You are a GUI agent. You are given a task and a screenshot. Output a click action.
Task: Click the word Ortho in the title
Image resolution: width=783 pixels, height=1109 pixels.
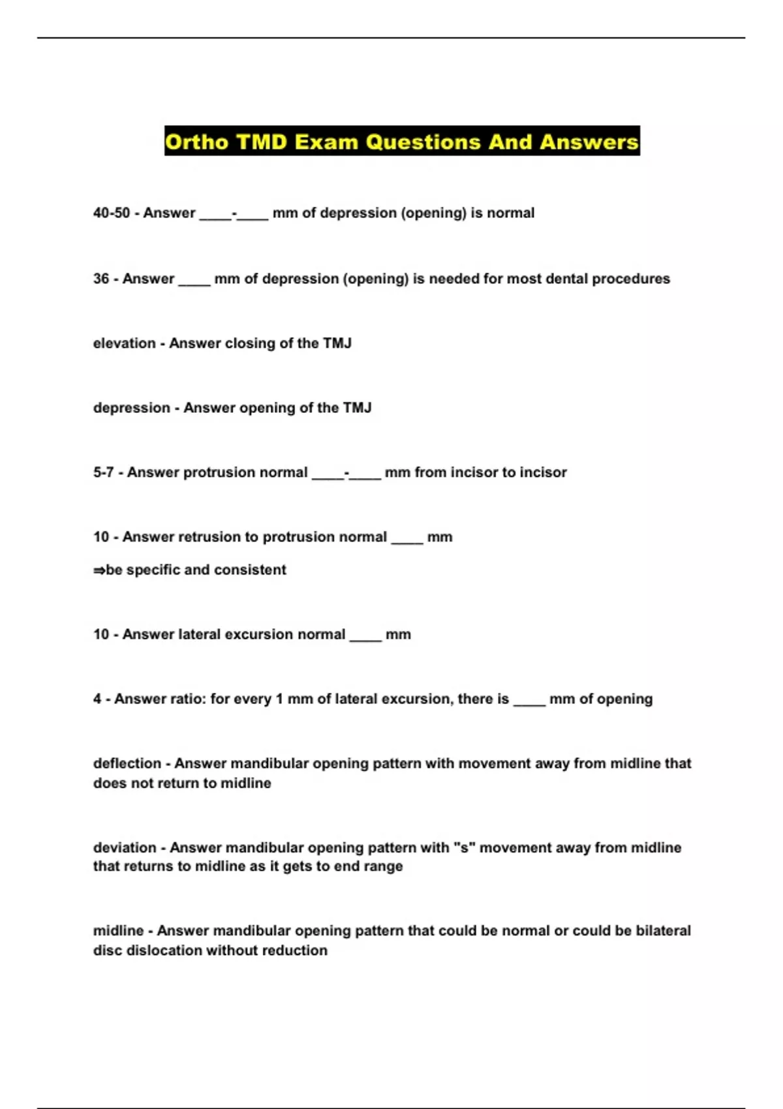[x=197, y=142]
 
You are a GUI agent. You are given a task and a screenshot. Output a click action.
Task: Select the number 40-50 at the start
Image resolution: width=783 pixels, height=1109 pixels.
[x=112, y=213]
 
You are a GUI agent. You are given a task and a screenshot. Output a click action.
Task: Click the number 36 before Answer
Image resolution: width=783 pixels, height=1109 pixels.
[x=101, y=279]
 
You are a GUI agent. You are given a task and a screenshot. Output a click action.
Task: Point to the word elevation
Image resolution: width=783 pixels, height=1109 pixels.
[x=124, y=344]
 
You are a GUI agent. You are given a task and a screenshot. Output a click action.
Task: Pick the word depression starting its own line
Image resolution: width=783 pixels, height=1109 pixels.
[x=131, y=408]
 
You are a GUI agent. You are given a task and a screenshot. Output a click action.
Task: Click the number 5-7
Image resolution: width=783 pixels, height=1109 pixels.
[x=103, y=473]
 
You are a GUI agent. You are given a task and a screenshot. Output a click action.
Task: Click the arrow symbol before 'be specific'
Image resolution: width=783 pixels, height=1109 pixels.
[x=99, y=570]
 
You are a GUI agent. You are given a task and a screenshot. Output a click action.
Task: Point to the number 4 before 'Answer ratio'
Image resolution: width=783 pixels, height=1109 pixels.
[x=97, y=699]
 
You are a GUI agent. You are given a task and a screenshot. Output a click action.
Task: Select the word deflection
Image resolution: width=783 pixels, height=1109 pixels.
[x=127, y=764]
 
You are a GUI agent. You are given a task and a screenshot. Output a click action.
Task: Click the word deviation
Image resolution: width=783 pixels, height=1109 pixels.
[x=125, y=848]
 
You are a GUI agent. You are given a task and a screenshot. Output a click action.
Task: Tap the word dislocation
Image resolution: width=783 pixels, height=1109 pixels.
[x=164, y=951]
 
